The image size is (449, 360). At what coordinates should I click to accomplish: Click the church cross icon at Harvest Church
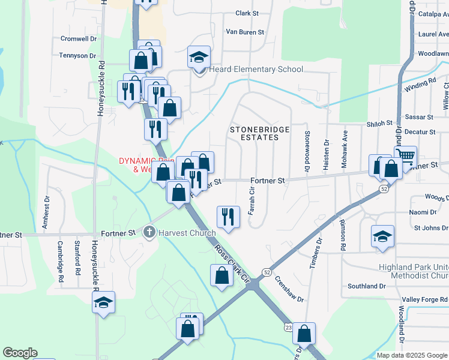(149, 232)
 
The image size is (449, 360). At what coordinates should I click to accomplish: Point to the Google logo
(20, 353)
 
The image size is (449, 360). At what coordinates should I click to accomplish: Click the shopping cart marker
(406, 156)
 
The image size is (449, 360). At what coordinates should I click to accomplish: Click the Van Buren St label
(242, 32)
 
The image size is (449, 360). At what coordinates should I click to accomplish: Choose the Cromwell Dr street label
(79, 38)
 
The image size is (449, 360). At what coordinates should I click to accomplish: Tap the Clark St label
(247, 13)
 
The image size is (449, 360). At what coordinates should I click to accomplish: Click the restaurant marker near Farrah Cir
(228, 215)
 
